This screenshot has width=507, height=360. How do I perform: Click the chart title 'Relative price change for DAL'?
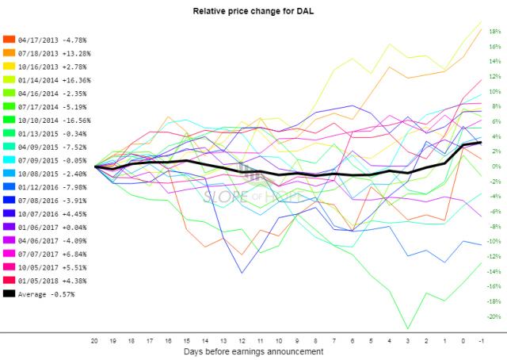click(253, 13)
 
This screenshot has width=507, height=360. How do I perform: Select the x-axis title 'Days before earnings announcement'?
click(253, 350)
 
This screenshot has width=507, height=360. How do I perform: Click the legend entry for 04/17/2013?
click(50, 38)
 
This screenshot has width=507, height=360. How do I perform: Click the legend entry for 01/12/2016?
click(50, 187)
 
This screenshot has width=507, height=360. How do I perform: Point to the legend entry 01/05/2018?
click(50, 281)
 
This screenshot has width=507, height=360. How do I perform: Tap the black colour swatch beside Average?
click(9, 294)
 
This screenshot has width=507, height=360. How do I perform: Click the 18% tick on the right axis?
click(492, 31)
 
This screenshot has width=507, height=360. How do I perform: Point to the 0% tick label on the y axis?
click(492, 167)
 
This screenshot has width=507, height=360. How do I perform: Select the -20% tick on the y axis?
click(492, 316)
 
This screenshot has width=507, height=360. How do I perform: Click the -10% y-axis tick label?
click(492, 241)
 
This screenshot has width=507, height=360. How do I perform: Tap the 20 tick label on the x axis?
click(95, 338)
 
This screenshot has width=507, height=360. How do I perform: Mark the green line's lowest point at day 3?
click(408, 328)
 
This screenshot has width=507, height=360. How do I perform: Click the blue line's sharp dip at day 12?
click(242, 273)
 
